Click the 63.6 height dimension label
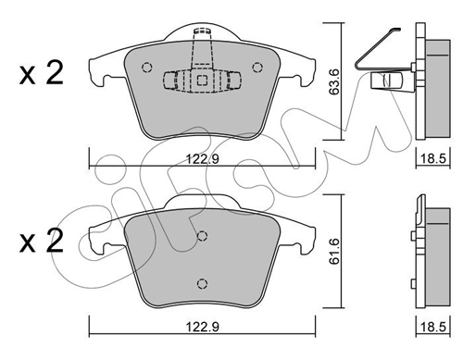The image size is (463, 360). tap(334, 81)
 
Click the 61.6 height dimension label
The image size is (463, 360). tap(334, 251)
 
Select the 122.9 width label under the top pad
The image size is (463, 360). tap(203, 159)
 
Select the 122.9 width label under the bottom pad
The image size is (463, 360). tap(203, 327)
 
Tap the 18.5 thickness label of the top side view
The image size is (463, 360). tap(433, 159)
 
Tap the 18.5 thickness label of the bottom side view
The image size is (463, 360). tap(433, 327)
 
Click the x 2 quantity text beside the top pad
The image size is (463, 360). tap(42, 73)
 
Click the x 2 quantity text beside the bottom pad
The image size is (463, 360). tap(42, 242)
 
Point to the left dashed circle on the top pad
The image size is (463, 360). tap(146, 68)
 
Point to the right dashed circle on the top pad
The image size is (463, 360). tap(257, 68)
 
